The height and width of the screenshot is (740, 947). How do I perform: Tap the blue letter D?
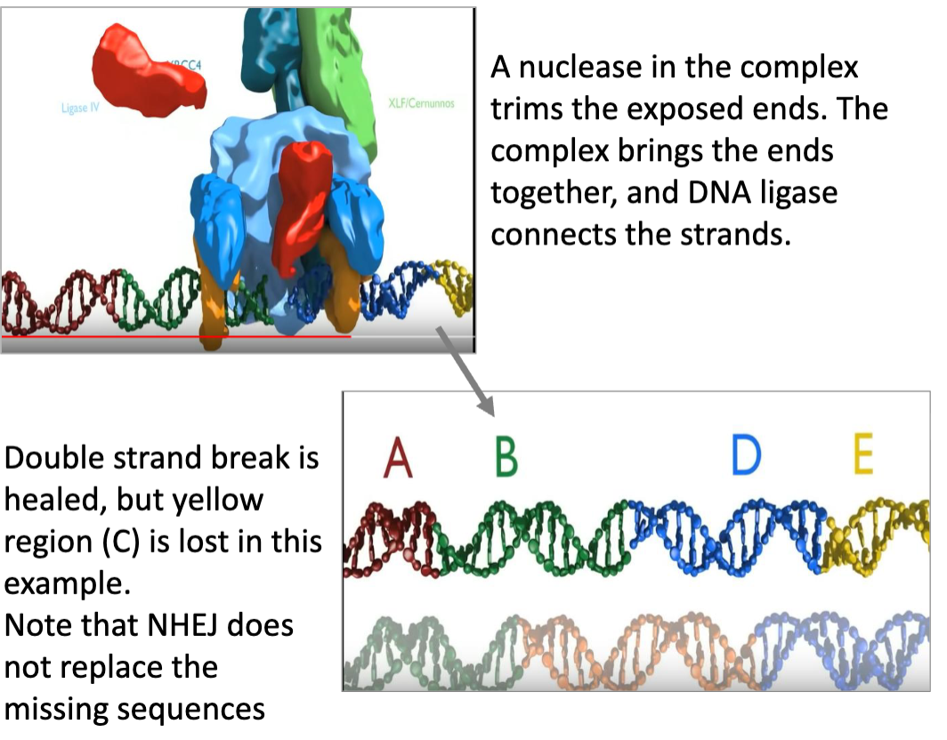[746, 457]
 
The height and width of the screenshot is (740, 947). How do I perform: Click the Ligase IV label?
[79, 109]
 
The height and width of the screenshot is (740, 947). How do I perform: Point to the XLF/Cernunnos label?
[421, 103]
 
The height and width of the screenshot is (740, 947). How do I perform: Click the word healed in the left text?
[56, 500]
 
